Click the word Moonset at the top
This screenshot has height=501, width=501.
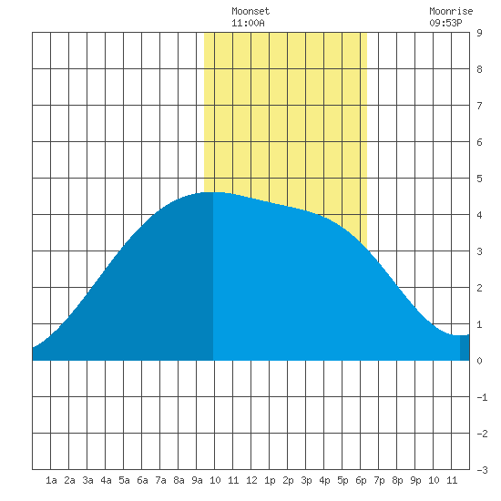point(250,11)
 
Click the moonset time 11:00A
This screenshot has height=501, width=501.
point(248,23)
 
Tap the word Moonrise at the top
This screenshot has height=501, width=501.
point(451,11)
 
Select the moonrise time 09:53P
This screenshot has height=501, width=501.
point(445,23)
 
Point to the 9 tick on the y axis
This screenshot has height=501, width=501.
point(479,33)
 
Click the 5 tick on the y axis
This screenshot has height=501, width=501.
point(479,179)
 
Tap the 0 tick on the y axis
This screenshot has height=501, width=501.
point(479,361)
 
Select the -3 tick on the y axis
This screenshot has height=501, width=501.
point(482,470)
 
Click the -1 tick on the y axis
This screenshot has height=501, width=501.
point(482,397)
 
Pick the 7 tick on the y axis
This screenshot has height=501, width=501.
point(479,106)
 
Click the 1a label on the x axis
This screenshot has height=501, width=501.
point(51,480)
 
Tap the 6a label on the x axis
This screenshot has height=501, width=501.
point(142,480)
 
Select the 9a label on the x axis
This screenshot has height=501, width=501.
point(197,480)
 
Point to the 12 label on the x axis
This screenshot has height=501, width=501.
point(251,480)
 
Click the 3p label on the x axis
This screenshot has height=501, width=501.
point(306,480)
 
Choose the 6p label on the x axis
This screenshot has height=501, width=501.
point(361,480)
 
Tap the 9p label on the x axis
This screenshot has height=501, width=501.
point(415,480)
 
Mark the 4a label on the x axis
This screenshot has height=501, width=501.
point(106,480)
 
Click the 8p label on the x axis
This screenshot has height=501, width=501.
point(397,480)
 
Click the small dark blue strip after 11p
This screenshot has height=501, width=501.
point(465,348)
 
